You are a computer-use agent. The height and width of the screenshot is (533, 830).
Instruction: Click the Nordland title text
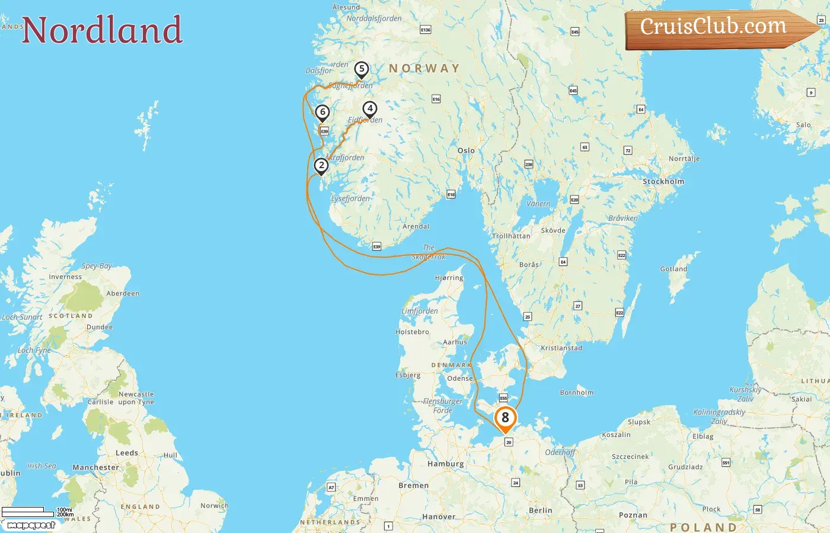pyautogui.click(x=102, y=30)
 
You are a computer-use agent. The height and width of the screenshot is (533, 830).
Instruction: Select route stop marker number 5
pyautogui.click(x=361, y=69)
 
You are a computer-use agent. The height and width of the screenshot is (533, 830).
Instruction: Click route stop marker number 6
pyautogui.click(x=322, y=112)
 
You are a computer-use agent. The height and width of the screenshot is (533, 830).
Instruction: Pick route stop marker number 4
pyautogui.click(x=369, y=109)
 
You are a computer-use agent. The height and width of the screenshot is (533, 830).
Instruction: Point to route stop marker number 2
pyautogui.click(x=321, y=166)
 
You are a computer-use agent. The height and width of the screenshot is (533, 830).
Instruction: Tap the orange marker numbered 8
pyautogui.click(x=505, y=418)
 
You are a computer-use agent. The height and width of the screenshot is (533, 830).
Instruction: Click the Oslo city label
pyautogui.click(x=466, y=150)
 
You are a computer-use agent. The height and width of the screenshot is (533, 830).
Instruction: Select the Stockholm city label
pyautogui.click(x=663, y=182)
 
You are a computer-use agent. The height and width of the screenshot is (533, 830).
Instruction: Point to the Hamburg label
pyautogui.click(x=446, y=464)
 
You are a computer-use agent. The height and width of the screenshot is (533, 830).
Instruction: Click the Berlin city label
pyautogui.click(x=540, y=510)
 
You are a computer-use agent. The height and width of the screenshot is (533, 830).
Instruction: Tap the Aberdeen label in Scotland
pyautogui.click(x=123, y=293)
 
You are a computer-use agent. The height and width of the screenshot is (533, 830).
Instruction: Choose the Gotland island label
pyautogui.click(x=673, y=269)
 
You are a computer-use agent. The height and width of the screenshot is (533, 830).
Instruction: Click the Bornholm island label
pyautogui.click(x=576, y=393)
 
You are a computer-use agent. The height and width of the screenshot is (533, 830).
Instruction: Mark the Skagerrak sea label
pyautogui.click(x=429, y=253)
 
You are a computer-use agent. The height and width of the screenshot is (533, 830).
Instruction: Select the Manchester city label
pyautogui.click(x=95, y=467)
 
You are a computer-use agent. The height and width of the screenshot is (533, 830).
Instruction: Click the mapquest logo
pyautogui.click(x=31, y=525)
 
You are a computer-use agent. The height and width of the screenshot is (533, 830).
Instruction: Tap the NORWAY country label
pyautogui.click(x=424, y=69)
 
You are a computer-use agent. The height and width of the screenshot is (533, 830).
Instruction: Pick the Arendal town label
pyautogui.click(x=416, y=226)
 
